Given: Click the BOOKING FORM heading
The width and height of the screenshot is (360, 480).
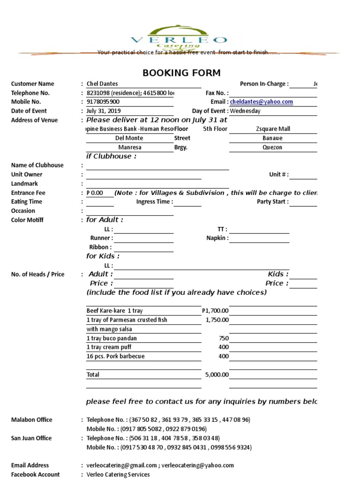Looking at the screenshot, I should tap(181, 73).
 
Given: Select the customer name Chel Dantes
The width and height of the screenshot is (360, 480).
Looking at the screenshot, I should tap(102, 84).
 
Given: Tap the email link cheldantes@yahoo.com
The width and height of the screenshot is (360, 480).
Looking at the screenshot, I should tap(262, 102).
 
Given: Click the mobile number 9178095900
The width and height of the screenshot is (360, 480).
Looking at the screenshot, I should tap(103, 102).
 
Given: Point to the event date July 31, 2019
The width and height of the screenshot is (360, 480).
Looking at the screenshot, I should tap(104, 111).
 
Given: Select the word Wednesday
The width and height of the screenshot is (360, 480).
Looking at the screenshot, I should tap(245, 111).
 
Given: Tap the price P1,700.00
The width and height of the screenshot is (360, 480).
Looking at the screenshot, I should tap(215, 311).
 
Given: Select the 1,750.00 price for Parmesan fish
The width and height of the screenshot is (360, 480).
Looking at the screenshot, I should tap(217, 320).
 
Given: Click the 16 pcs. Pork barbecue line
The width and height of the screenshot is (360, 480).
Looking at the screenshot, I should tap(115, 356).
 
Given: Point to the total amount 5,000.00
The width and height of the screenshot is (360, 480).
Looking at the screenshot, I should tap(217, 375).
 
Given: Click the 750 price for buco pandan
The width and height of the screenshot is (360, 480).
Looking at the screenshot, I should tap(224, 338).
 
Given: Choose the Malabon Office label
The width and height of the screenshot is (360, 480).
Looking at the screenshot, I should tap(32, 420).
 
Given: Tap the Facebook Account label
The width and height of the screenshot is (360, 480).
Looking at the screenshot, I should tap(36, 474).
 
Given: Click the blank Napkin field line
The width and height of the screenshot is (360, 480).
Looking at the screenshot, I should tap(259, 239).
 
